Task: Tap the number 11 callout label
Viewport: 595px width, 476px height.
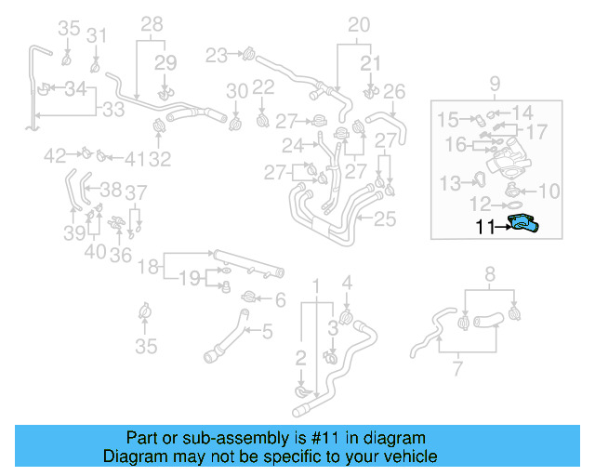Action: point(484,224)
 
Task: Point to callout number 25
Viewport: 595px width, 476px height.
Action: point(386,219)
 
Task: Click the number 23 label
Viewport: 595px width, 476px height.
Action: point(217,55)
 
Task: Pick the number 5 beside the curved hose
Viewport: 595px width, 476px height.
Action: point(267,330)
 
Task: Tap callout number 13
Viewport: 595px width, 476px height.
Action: point(451,182)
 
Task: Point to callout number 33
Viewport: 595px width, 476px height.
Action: point(112,110)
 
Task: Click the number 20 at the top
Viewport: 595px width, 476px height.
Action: point(359,24)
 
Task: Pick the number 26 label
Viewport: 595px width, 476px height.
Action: point(394,91)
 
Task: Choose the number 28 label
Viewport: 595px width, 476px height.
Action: point(152,23)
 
